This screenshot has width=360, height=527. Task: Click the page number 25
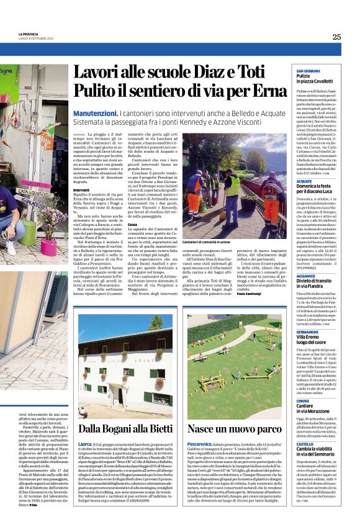coord(336,37)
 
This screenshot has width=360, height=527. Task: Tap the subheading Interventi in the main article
coord(81,190)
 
